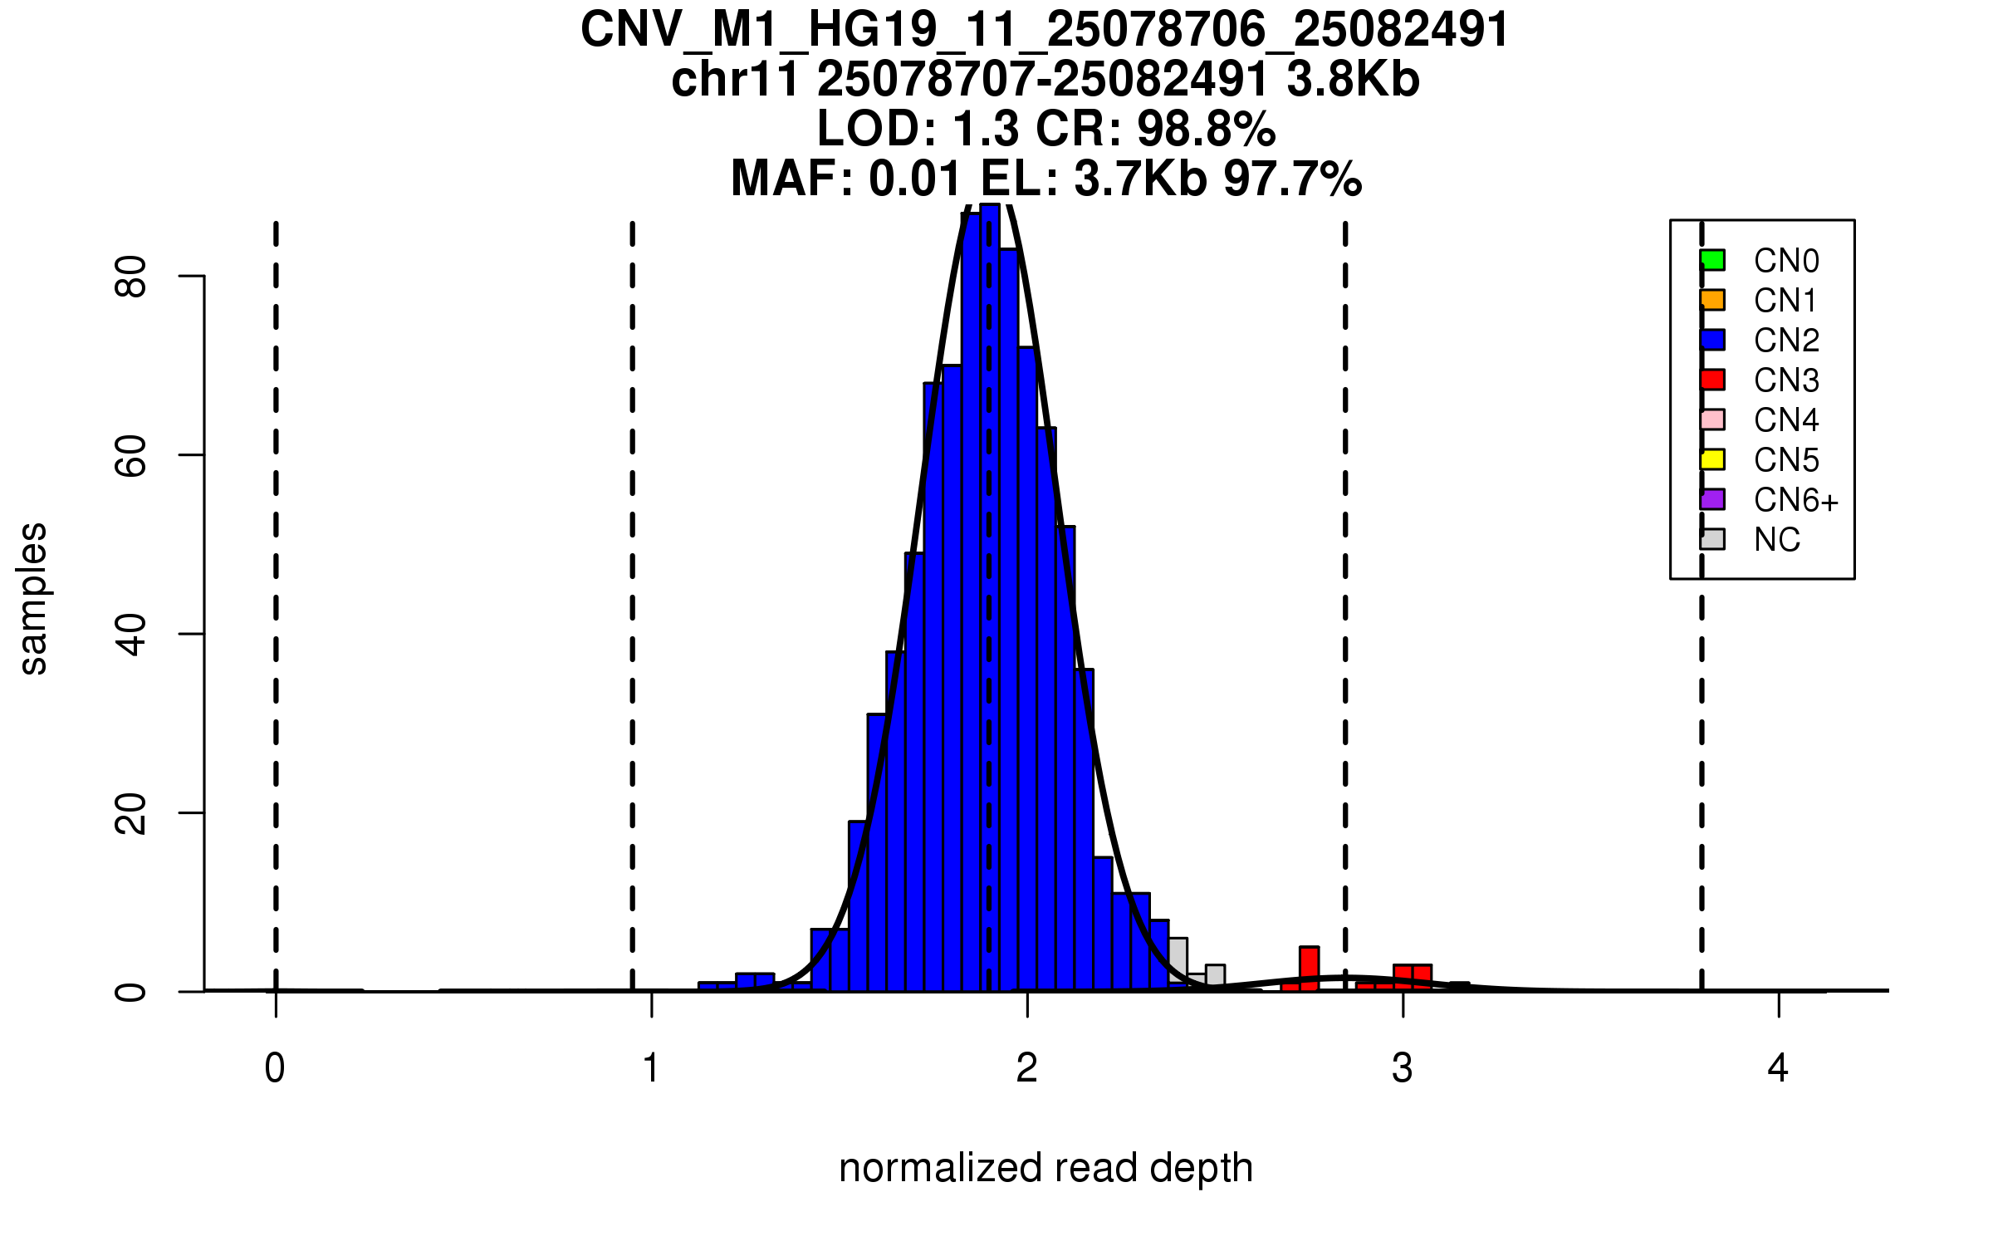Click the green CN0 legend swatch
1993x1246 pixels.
pos(1712,260)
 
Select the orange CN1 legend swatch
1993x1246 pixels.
pos(1712,300)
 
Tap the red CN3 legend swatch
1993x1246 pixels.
pos(1712,380)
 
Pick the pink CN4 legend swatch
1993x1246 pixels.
pos(1712,419)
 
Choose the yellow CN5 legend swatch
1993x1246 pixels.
pos(1712,459)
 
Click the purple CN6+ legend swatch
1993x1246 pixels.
pos(1712,499)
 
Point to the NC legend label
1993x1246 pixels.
pos(1776,540)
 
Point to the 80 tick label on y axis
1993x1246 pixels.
pos(131,277)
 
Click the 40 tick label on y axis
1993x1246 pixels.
pos(131,635)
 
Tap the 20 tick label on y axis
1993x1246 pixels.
pos(131,813)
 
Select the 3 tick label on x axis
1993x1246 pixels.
pos(1403,1068)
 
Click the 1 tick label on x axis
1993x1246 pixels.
pos(651,1068)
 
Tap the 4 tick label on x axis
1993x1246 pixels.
pos(1778,1068)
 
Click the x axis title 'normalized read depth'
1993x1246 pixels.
pos(1045,1168)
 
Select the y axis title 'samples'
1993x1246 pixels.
pos(33,598)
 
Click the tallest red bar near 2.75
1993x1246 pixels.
pos(1310,969)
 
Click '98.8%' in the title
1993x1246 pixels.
pos(1206,129)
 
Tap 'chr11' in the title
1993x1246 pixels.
pos(735,80)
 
